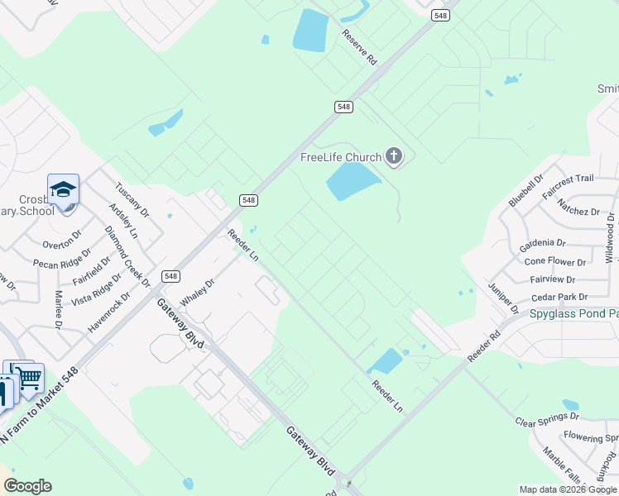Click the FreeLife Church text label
tap(340, 157)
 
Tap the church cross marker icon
tap(394, 155)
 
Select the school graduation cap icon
tap(63, 190)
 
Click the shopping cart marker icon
tap(31, 379)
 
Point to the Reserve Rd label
tap(360, 47)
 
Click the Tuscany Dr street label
tap(132, 200)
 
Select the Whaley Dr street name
tap(197, 293)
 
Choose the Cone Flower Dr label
tap(555, 262)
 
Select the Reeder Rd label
tap(484, 346)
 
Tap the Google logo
tap(27, 486)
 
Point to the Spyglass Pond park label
tap(578, 314)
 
